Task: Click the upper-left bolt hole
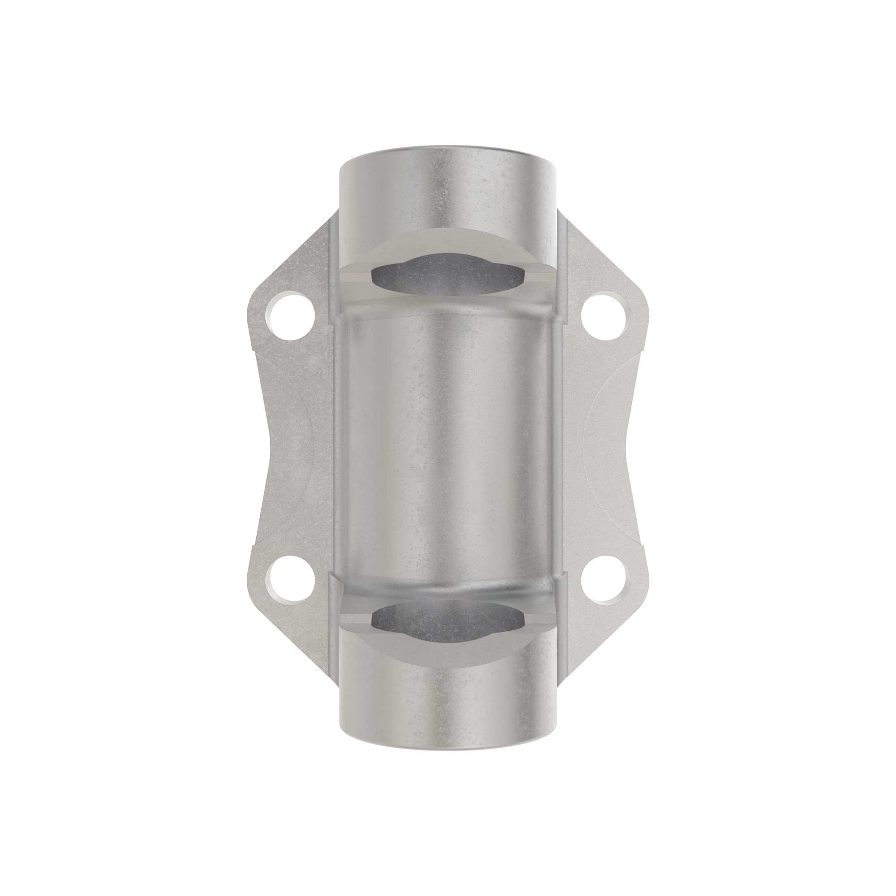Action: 290,318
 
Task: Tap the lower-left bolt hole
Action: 290,579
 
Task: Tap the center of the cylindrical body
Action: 448,448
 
